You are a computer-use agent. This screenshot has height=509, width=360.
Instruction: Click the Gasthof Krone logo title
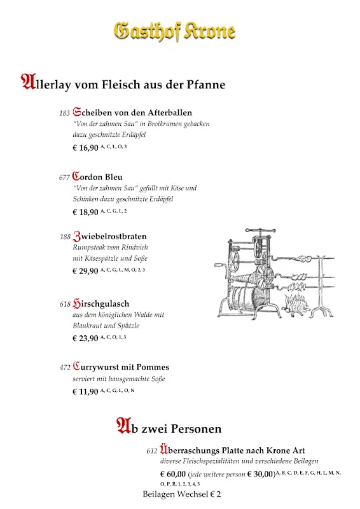pyautogui.click(x=174, y=31)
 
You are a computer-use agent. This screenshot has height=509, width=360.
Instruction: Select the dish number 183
pyautogui.click(x=64, y=113)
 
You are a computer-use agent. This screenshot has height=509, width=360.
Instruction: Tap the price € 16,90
pyautogui.click(x=85, y=148)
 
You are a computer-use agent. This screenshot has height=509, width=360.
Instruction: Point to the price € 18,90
pyautogui.click(x=85, y=212)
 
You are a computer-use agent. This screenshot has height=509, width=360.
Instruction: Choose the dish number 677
pyautogui.click(x=64, y=178)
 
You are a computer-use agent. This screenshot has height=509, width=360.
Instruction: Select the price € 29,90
pyautogui.click(x=85, y=271)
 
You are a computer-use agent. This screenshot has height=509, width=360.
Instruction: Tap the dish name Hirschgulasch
pyautogui.click(x=102, y=303)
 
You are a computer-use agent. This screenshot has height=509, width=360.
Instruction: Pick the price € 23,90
pyautogui.click(x=85, y=338)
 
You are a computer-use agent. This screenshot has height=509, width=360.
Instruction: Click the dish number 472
pyautogui.click(x=64, y=368)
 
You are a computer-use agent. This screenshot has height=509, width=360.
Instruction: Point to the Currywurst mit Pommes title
pyautogui.click(x=121, y=367)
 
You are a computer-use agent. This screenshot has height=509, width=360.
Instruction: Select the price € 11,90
pyautogui.click(x=85, y=391)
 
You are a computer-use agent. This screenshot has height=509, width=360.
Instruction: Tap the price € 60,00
pyautogui.click(x=173, y=474)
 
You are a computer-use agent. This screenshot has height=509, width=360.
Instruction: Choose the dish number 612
pyautogui.click(x=151, y=451)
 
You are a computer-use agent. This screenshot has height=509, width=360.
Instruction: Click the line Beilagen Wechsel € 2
pyautogui.click(x=182, y=494)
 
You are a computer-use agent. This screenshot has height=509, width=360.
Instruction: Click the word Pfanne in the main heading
pyautogui.click(x=205, y=84)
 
